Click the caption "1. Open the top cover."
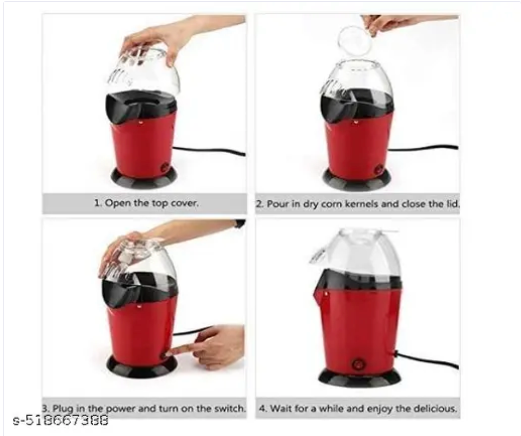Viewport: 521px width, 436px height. [x=146, y=203]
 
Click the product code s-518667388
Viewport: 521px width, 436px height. [x=61, y=420]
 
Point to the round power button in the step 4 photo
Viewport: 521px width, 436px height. [x=358, y=363]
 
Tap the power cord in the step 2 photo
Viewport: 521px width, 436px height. [x=424, y=148]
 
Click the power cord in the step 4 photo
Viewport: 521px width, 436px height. [x=427, y=361]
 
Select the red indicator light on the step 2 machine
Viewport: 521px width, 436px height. [x=356, y=123]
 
